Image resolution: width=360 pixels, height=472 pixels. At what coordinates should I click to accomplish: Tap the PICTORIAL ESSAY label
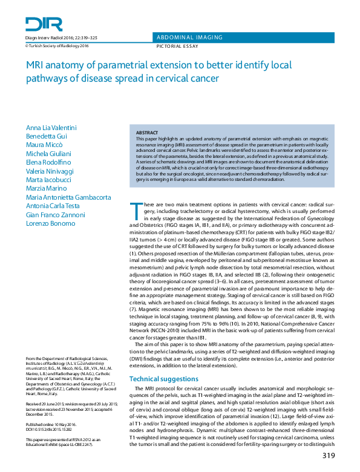178,45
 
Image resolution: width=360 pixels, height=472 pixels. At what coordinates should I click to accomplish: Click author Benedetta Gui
47,137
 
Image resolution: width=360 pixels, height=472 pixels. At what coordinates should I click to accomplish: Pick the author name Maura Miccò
44,146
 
